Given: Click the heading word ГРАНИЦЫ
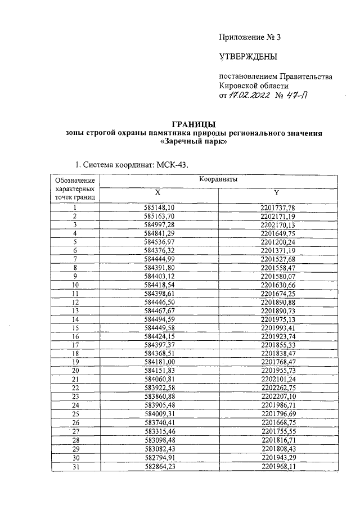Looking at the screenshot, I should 193,124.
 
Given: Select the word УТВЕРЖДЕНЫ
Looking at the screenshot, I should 247,56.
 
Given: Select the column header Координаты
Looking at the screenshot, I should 218,179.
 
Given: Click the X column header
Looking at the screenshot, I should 158,192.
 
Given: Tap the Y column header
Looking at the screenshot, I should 277,192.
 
